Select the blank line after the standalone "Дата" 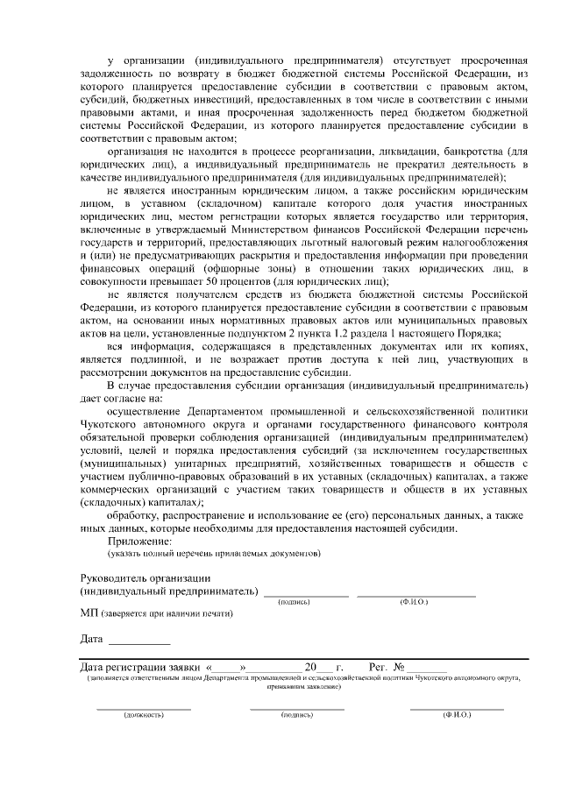[139, 642]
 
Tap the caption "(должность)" [144, 715]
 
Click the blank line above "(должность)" [144, 707]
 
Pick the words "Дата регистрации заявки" [139, 667]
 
